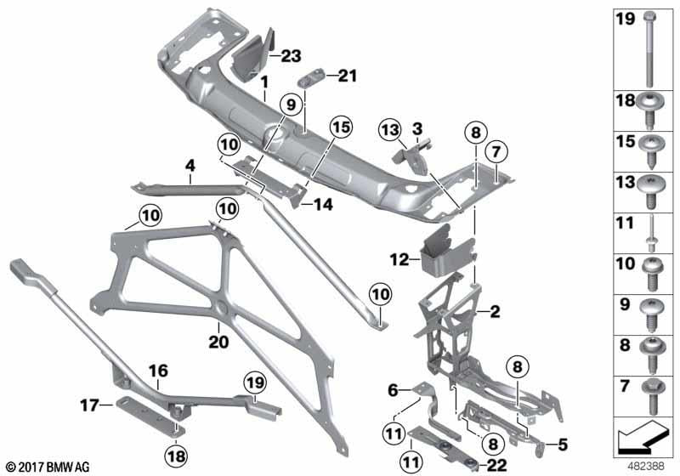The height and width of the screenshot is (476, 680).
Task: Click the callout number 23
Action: pos(291,57)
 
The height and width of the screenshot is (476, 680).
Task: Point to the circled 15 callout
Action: pos(341,126)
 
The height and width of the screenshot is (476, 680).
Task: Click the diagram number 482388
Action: pos(649,466)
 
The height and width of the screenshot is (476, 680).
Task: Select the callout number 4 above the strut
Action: pos(190,164)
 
